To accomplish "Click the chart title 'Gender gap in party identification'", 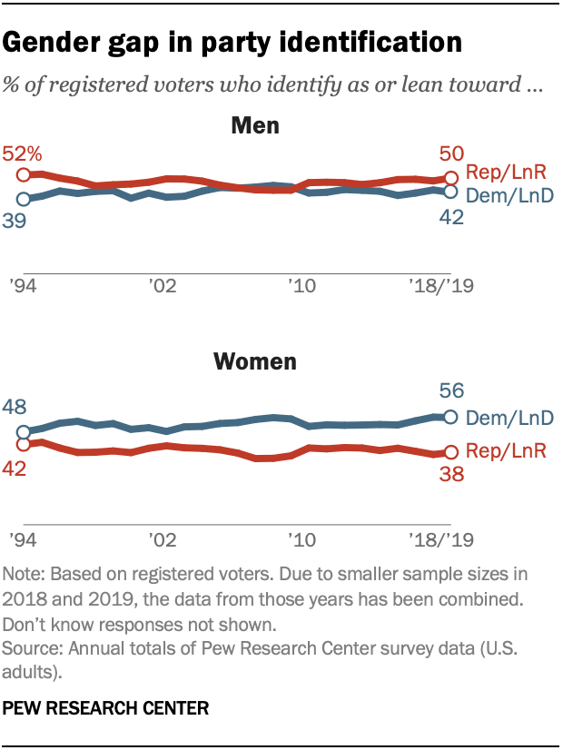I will click(x=234, y=42).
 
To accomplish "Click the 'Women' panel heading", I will click(x=254, y=362).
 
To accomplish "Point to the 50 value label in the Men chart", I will click(x=451, y=153).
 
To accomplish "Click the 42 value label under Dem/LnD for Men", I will click(x=451, y=218).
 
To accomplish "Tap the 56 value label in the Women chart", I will click(x=451, y=391).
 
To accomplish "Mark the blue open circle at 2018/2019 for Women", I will click(x=449, y=417).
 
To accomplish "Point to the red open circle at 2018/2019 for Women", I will click(x=449, y=452).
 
